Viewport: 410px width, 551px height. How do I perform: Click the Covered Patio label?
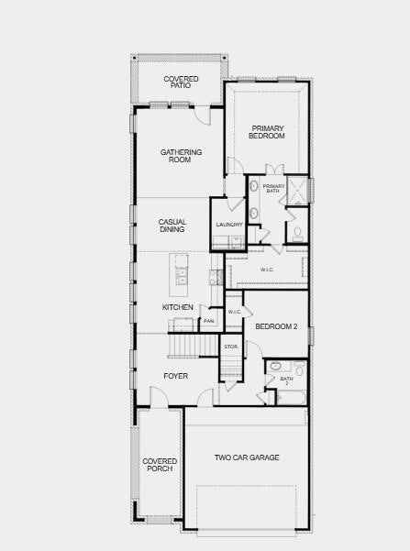(x=181, y=83)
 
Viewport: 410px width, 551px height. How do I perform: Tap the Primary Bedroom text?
(x=267, y=132)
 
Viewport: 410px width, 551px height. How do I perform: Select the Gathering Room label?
(x=181, y=156)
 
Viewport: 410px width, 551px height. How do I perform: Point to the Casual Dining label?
(x=172, y=226)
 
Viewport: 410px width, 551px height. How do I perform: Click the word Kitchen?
(x=178, y=307)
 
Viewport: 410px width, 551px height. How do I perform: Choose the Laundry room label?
(x=229, y=225)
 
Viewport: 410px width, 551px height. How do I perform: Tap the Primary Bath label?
(x=274, y=189)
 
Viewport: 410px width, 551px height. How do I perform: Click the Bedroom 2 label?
(x=276, y=326)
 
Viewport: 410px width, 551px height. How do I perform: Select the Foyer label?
(x=176, y=376)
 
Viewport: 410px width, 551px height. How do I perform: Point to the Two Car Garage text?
(x=247, y=457)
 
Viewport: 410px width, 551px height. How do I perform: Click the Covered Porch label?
(x=159, y=465)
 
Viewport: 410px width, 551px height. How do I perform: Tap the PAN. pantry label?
(x=209, y=321)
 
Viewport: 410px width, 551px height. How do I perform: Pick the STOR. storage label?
(x=231, y=347)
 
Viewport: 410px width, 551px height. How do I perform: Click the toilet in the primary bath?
(x=297, y=233)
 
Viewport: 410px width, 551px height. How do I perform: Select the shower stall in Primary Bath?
(x=297, y=190)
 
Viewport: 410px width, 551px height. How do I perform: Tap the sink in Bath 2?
(x=276, y=366)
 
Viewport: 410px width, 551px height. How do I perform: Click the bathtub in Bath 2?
(x=291, y=398)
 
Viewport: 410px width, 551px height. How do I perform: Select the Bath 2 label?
(x=287, y=380)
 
